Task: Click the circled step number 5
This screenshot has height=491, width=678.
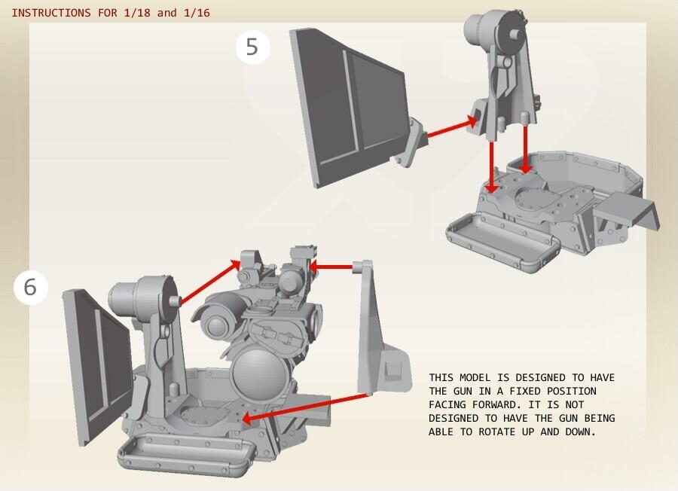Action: tap(253, 47)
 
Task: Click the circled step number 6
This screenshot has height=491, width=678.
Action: tap(30, 288)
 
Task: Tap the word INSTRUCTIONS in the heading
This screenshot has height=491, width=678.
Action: tap(51, 13)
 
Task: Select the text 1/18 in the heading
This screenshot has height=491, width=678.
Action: tap(137, 13)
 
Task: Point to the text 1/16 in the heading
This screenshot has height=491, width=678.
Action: tap(197, 13)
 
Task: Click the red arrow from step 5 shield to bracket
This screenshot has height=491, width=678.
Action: tap(452, 127)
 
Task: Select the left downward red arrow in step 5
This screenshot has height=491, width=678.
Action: tap(492, 167)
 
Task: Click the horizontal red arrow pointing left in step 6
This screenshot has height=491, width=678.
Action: tap(331, 267)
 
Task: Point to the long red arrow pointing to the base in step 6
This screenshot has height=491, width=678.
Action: tap(305, 407)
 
